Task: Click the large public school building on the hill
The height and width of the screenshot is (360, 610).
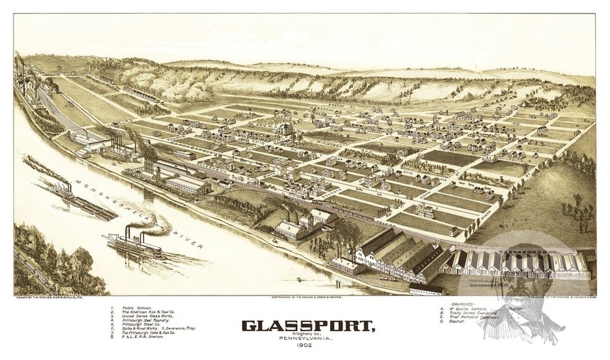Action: coord(285,129)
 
